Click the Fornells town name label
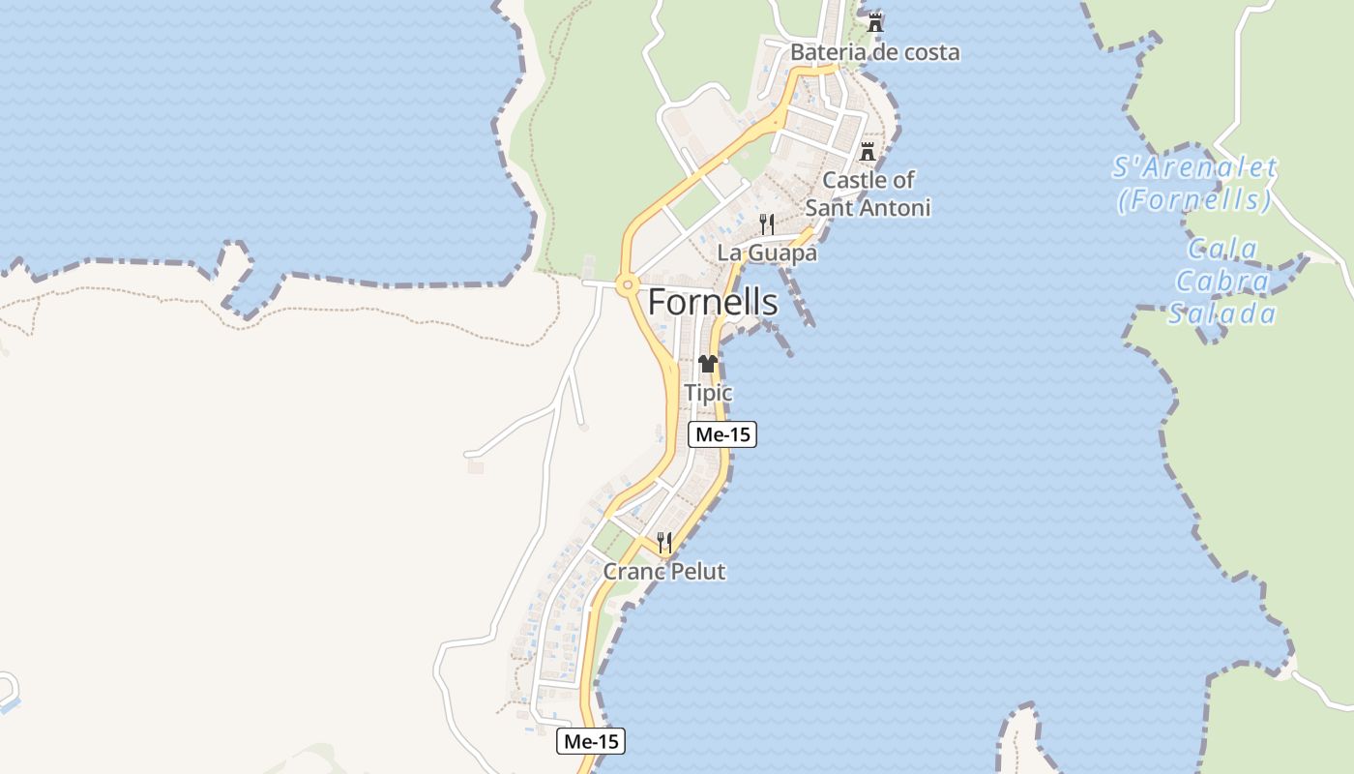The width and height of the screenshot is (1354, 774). [712, 303]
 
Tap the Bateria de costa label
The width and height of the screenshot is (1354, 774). [874, 52]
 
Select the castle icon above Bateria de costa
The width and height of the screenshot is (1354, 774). [875, 22]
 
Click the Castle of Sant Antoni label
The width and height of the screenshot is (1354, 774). [868, 193]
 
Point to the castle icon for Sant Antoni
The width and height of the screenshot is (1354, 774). [868, 152]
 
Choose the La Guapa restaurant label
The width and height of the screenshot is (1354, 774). [766, 253]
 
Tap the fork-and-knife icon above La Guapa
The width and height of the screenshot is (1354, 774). [766, 224]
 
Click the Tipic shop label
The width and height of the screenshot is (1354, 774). [708, 394]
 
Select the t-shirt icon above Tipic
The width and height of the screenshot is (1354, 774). [708, 365]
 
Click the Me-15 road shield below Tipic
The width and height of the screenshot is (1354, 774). [722, 435]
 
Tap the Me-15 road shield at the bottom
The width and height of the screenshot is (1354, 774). [591, 742]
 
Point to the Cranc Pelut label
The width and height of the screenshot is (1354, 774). [663, 572]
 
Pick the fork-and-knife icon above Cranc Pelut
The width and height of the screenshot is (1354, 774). [663, 543]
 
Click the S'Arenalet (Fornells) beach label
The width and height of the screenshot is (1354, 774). [1194, 184]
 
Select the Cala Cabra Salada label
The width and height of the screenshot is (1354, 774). [1222, 282]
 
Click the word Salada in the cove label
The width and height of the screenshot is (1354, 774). [1222, 313]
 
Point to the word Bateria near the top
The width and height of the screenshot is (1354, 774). [823, 52]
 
